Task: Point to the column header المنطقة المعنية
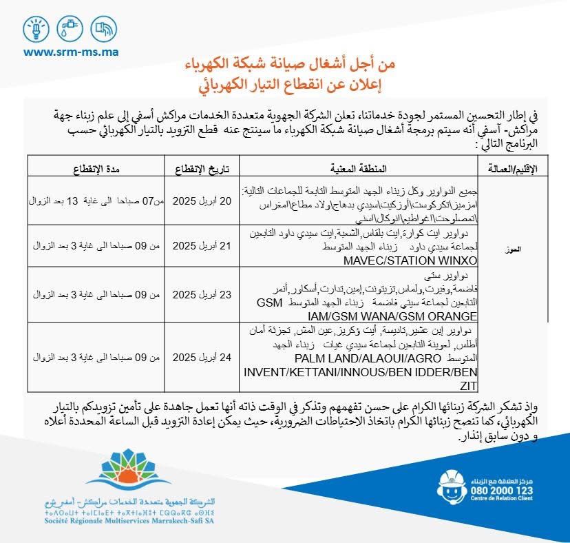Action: tap(362, 167)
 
